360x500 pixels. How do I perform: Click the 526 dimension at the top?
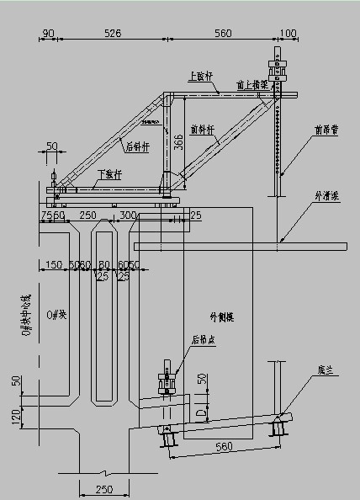[x=112, y=34]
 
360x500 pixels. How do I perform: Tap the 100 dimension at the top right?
[x=288, y=34]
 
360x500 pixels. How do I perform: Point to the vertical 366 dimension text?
[x=178, y=142]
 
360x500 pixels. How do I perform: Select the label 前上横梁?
[x=251, y=84]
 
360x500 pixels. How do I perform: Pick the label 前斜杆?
[x=203, y=129]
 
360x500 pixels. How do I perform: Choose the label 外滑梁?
[x=326, y=195]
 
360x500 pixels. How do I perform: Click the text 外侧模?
[x=220, y=317]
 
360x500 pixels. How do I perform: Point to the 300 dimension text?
[x=128, y=216]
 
